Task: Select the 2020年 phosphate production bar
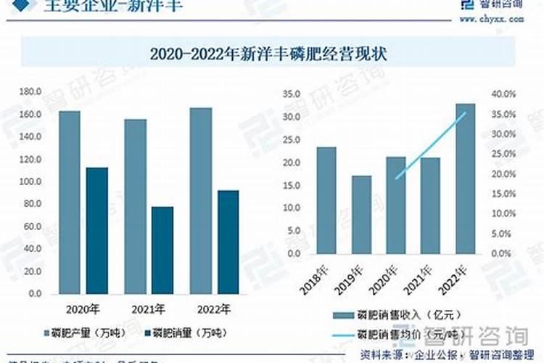click(70, 203)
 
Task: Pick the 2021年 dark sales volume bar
click(162, 250)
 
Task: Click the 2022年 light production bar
click(201, 201)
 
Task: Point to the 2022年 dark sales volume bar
click(228, 242)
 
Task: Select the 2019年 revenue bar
click(361, 215)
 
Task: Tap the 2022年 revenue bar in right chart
click(465, 179)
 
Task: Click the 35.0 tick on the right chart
click(292, 94)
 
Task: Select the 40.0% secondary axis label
click(503, 94)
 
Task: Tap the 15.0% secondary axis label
click(503, 195)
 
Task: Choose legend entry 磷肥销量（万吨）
click(186, 332)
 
